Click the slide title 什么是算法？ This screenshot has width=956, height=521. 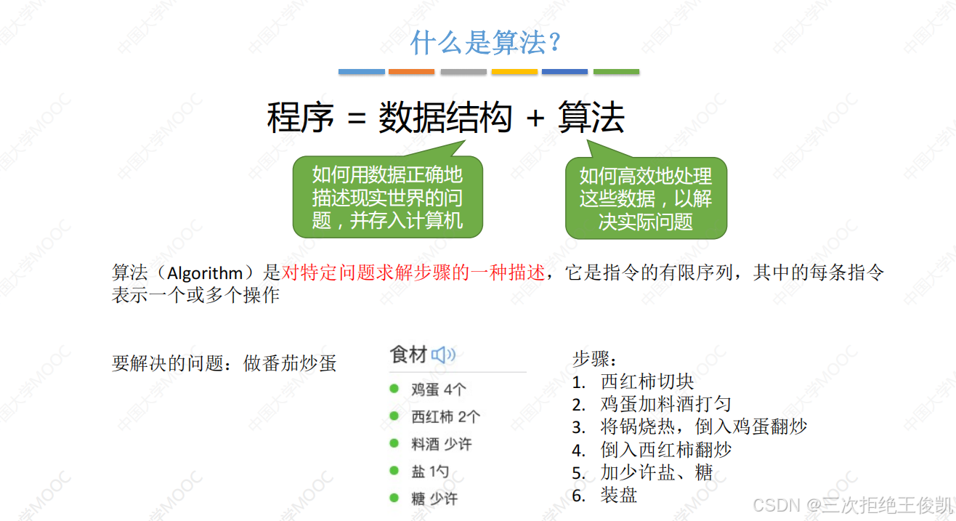point(485,43)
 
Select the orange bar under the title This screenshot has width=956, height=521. point(411,72)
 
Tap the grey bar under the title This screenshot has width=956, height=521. point(463,72)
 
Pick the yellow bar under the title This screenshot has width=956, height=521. point(514,72)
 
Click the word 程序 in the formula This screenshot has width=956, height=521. point(300,118)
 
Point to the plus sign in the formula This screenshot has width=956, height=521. point(535,118)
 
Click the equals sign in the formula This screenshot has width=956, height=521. point(356,118)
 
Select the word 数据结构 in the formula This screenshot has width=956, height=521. point(445,118)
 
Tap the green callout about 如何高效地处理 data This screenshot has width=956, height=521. point(646,198)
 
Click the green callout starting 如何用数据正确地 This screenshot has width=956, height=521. point(387,197)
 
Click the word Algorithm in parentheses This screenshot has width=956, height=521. point(205,274)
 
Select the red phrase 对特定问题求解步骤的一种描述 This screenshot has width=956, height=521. point(413,274)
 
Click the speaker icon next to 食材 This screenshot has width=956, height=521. point(442,355)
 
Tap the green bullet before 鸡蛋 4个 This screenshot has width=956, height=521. point(394,389)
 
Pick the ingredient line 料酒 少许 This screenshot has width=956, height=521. point(441,444)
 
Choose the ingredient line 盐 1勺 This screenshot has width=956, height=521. point(430,472)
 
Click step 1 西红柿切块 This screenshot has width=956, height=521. point(647,381)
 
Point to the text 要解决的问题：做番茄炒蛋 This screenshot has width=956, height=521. point(224,363)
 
